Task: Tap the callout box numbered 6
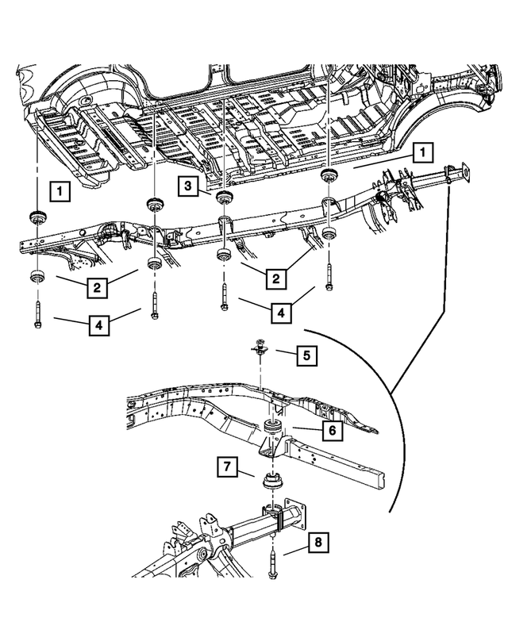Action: pyautogui.click(x=331, y=431)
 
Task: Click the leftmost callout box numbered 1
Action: pyautogui.click(x=57, y=190)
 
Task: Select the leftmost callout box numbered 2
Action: pyautogui.click(x=96, y=286)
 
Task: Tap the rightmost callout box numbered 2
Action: pyautogui.click(x=275, y=278)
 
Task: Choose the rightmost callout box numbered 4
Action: pyautogui.click(x=281, y=313)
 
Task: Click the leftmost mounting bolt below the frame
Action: pyautogui.click(x=37, y=313)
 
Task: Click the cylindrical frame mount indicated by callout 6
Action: pyautogui.click(x=272, y=437)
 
